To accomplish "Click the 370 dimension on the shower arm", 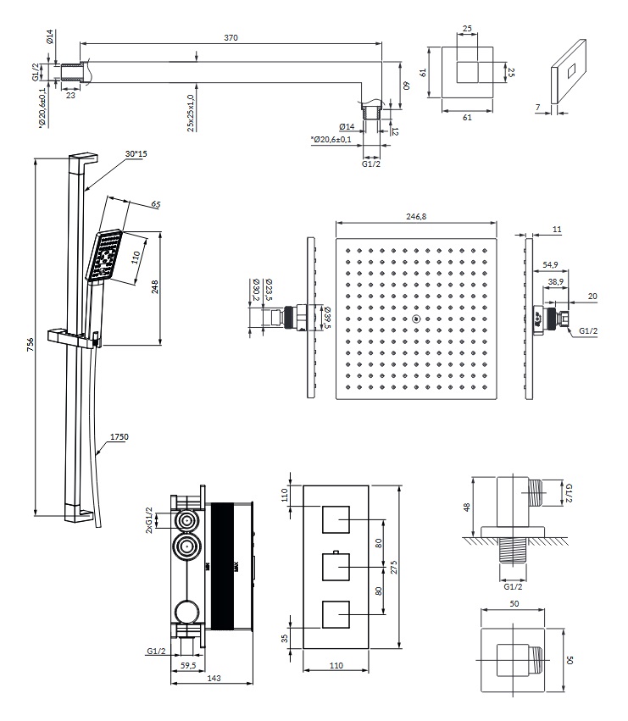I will tap(231, 37).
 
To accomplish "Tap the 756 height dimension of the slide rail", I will tap(31, 343).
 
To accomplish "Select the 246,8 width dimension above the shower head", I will tap(415, 218).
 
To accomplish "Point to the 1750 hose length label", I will tap(119, 437).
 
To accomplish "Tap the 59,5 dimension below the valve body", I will tap(189, 666).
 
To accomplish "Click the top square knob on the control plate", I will tap(336, 518).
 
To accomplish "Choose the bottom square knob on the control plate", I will tap(336, 613).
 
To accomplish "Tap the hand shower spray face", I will tap(104, 256).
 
